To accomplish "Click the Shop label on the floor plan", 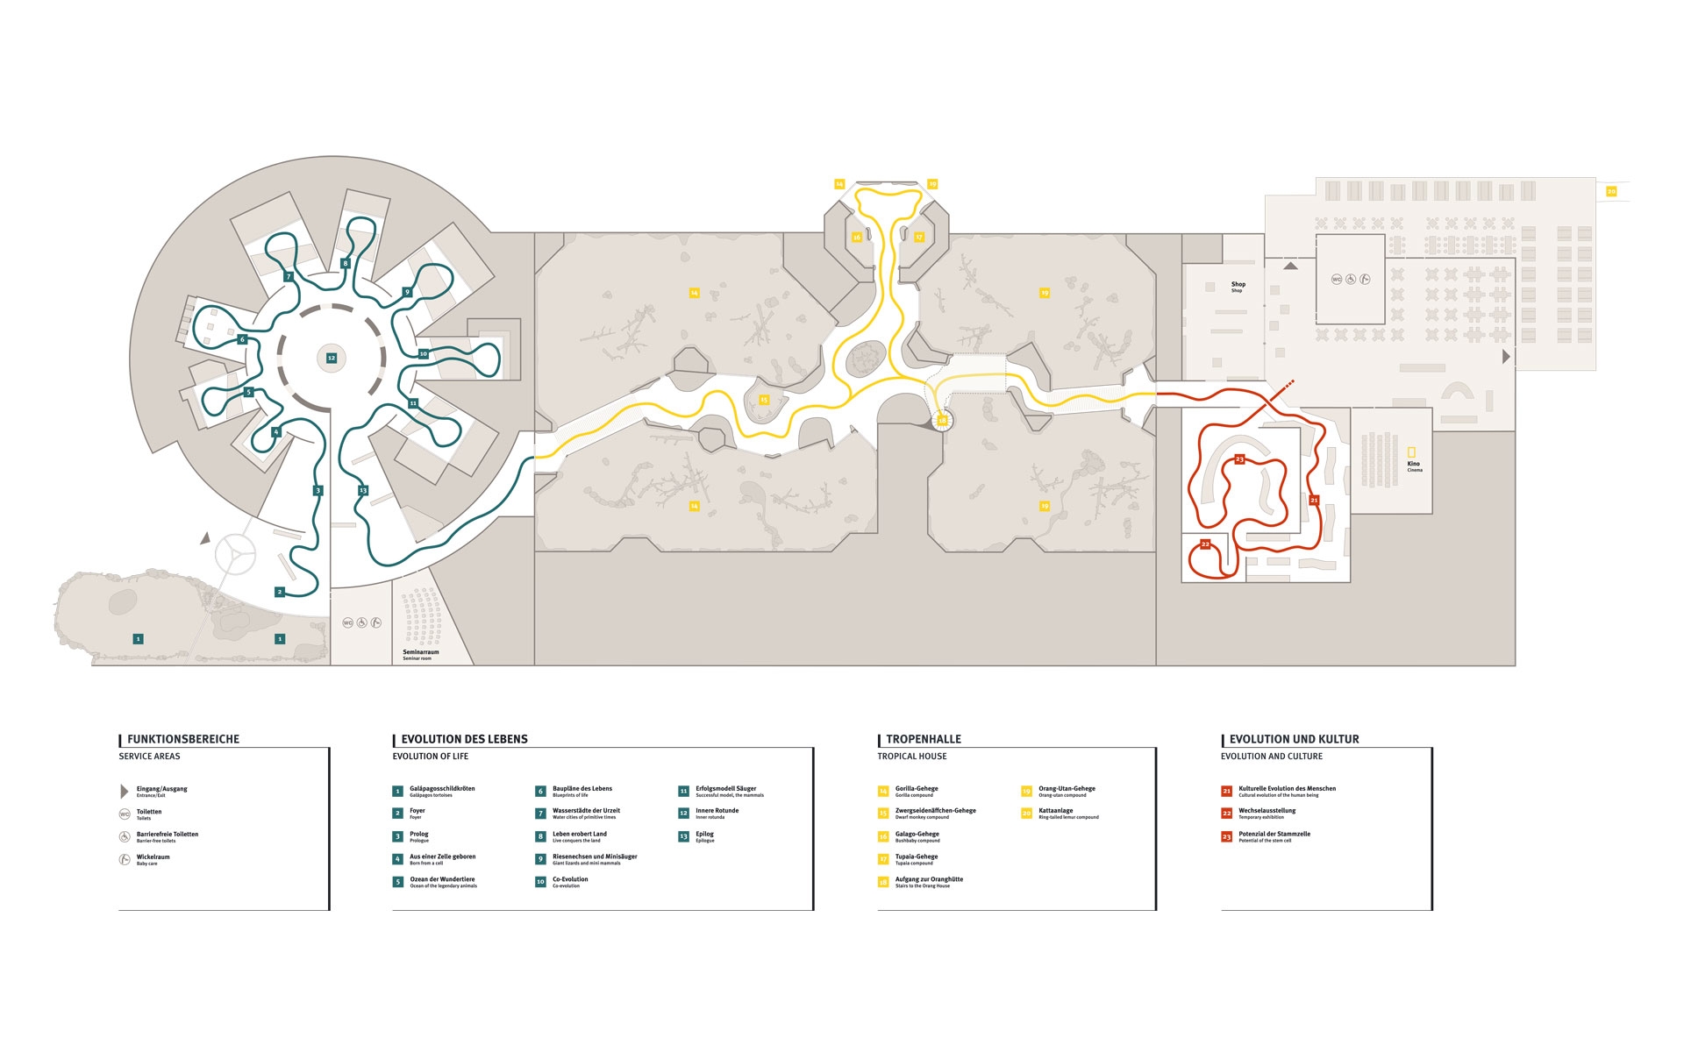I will [1238, 285].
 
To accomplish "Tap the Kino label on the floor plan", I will [1413, 464].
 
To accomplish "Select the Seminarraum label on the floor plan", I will [420, 652].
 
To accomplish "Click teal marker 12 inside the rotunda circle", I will [332, 358].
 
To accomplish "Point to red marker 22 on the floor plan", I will [1205, 544].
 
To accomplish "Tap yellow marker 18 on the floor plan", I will [942, 421].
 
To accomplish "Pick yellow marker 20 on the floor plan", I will [1611, 191].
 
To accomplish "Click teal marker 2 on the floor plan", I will [280, 592].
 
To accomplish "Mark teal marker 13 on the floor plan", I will [363, 490].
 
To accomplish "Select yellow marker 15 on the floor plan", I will [763, 400].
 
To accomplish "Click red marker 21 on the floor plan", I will [1313, 500].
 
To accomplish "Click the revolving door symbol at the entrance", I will [235, 553].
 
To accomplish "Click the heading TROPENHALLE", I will [923, 739].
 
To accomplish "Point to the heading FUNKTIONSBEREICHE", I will [182, 739].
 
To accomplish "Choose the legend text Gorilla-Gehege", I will [917, 789].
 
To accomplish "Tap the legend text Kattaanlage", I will [1055, 811].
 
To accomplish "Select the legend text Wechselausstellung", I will [1267, 811].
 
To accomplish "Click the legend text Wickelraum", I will [153, 857].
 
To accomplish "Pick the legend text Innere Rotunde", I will [717, 811].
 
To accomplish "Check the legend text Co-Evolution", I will [570, 879].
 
